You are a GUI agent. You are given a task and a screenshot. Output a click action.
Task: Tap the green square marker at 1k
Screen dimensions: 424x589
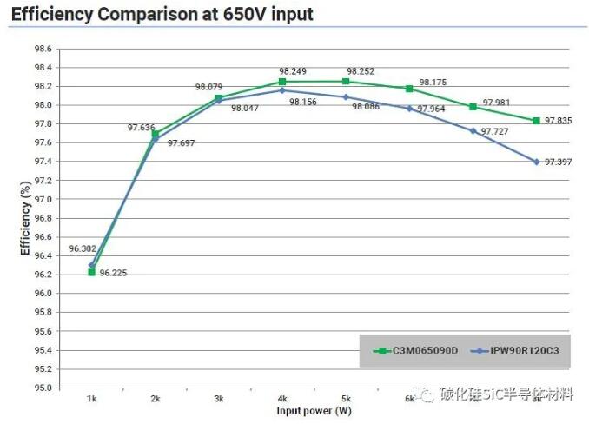pos(91,272)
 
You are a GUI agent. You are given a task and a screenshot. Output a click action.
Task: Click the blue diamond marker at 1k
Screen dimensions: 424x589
pos(92,265)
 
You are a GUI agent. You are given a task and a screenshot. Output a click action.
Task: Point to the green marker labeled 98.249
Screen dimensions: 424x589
pos(282,82)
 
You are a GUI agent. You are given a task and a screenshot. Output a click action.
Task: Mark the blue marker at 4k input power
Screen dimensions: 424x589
pos(282,90)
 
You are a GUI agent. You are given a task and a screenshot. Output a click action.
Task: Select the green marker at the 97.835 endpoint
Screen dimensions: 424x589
pos(537,121)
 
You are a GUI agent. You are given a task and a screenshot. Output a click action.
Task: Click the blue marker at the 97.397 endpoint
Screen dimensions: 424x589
pos(537,162)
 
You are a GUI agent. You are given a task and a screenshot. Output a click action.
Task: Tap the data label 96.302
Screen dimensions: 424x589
pos(83,248)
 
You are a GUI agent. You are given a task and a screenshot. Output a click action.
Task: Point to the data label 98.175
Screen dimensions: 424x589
pos(433,82)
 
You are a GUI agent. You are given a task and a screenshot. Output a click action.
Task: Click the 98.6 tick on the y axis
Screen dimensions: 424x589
pos(43,49)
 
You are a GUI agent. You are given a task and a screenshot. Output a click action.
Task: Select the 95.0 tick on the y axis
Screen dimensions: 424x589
pos(43,388)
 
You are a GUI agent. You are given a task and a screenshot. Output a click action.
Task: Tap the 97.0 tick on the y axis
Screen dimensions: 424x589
pos(43,199)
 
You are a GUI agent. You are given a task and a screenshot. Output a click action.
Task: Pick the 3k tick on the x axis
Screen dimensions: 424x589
pos(219,398)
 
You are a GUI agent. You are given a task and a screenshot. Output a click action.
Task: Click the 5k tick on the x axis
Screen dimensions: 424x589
pos(346,398)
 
